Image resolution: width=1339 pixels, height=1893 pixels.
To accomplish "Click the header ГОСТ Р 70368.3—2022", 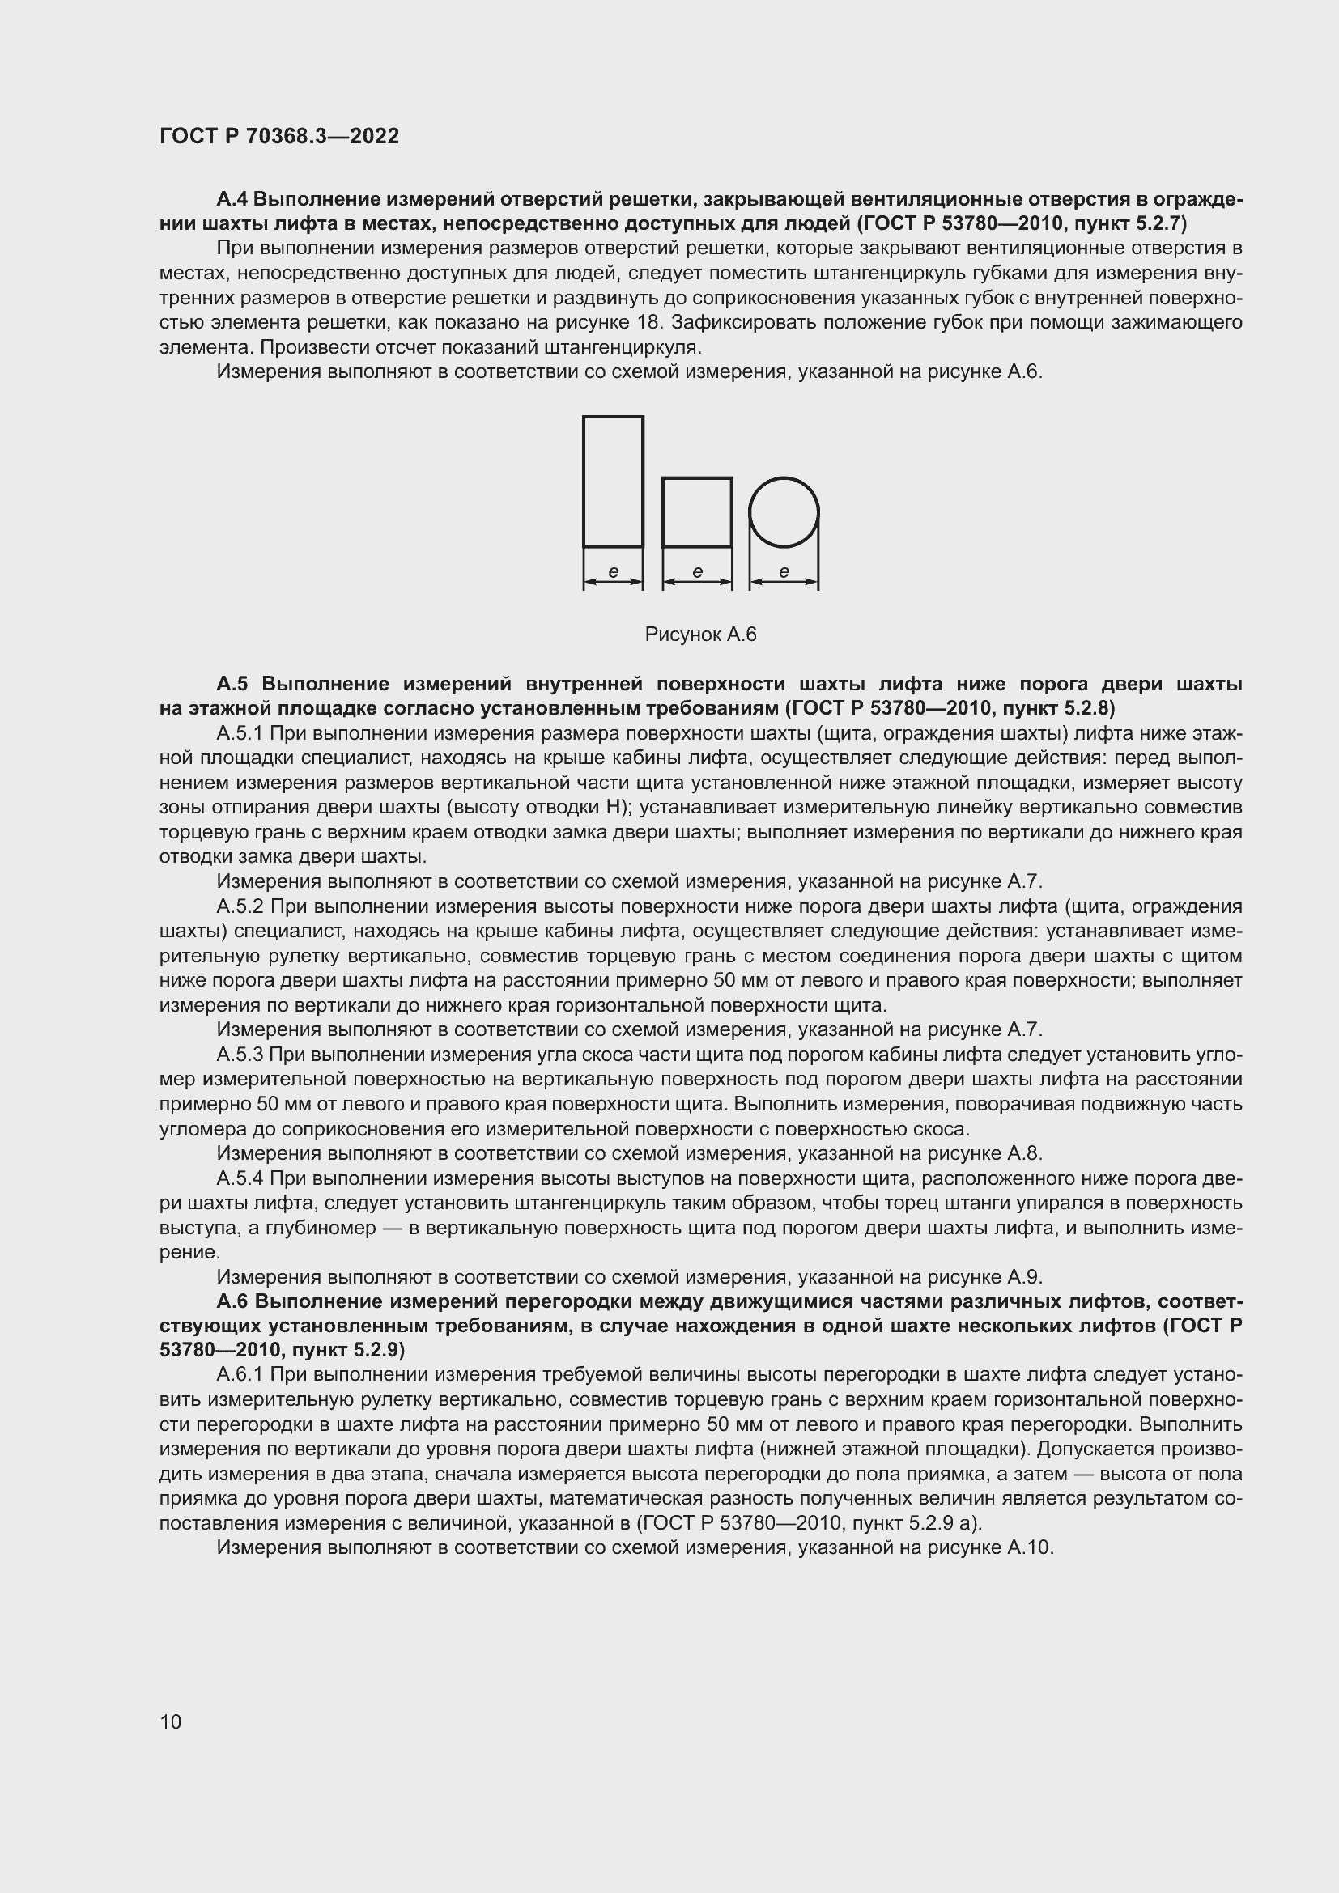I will coord(278,136).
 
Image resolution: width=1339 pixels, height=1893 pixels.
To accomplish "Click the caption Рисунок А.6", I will coord(700,634).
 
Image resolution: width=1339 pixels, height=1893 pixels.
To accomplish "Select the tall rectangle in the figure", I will coord(613,481).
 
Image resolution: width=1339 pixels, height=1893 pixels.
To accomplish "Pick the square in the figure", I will coord(697,512).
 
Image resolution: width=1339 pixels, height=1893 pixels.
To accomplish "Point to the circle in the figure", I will coord(784,512).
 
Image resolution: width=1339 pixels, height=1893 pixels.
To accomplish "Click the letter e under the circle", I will coord(784,571).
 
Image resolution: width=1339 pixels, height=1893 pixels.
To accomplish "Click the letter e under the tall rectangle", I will coord(613,571).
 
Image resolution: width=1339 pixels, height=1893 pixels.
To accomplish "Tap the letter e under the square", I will coord(697,571).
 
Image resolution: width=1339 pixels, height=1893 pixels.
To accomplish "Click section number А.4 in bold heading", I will coord(232,199).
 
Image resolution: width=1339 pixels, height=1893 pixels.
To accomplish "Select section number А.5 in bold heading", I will coord(233,684).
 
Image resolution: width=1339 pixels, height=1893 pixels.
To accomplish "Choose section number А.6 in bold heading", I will coord(232,1301).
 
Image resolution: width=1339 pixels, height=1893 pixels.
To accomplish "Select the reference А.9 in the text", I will coord(1025,1277).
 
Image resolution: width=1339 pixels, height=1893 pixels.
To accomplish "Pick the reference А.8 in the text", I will coord(1025,1153).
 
